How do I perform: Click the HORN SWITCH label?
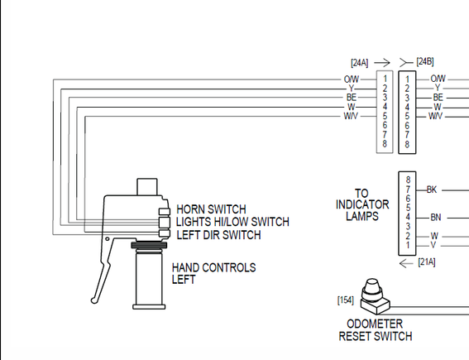[211, 209]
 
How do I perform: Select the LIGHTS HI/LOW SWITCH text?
[232, 222]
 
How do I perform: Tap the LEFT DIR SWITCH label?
[218, 235]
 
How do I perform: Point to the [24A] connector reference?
[360, 63]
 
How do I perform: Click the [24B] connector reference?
[425, 61]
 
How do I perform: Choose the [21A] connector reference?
[427, 262]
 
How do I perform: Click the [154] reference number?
[346, 300]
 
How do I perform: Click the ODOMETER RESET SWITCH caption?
[376, 330]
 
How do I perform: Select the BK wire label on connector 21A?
[432, 190]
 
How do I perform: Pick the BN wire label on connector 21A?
[435, 218]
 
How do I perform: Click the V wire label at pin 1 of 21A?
[433, 245]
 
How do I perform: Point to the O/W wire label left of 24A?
[352, 79]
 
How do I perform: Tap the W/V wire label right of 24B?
[435, 116]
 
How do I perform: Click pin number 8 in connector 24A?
[385, 144]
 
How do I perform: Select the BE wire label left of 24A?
[352, 98]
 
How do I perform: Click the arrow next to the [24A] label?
[382, 63]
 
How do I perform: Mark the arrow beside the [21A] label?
[406, 263]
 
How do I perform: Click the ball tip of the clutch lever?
[94, 300]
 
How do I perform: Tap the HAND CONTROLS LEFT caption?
[213, 273]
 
